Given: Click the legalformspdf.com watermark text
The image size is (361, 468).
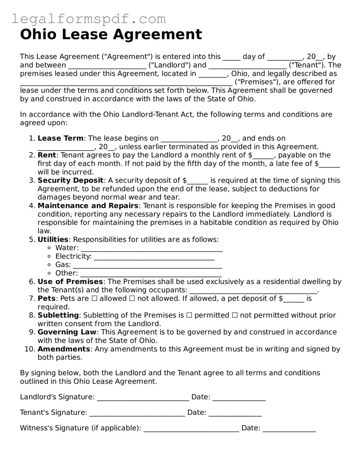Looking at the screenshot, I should [x=89, y=19].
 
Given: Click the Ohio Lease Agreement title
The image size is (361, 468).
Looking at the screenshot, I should [x=111, y=35].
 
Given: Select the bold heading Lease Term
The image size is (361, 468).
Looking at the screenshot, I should [x=60, y=138].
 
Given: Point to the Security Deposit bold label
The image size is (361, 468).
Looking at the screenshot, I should [x=71, y=180].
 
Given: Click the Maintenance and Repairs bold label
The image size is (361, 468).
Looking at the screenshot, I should [x=88, y=206].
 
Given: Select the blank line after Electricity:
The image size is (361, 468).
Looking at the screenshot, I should [x=154, y=257].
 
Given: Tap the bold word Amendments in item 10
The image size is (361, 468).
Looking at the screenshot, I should [x=64, y=349].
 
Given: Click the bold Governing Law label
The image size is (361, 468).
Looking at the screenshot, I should [x=67, y=332].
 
